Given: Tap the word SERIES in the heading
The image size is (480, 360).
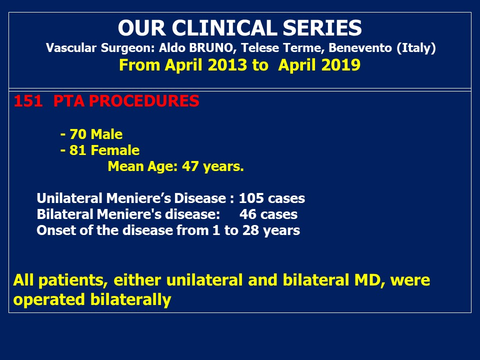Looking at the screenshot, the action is click(322, 28).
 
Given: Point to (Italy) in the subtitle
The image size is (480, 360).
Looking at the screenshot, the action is click(416, 48).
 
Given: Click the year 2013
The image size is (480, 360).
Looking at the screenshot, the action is click(227, 65).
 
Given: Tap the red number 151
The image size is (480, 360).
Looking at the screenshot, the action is click(28, 101).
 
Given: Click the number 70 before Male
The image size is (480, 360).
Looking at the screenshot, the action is click(78, 134).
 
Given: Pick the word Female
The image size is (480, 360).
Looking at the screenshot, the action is click(115, 150).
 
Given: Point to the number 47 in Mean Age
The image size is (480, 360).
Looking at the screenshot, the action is click(190, 166).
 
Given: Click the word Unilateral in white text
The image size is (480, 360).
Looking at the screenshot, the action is click(69, 198).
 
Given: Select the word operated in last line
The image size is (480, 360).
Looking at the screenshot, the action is click(49, 299).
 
